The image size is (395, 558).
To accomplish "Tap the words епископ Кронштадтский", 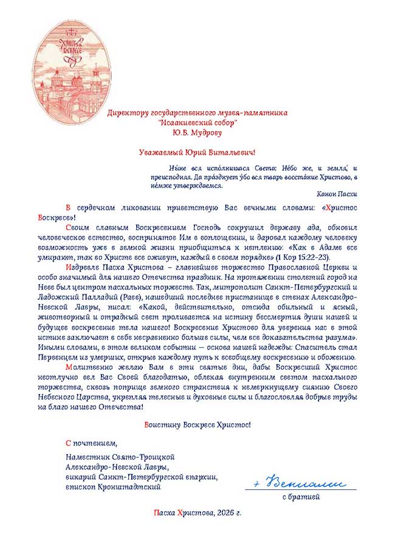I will pos(114,487).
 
